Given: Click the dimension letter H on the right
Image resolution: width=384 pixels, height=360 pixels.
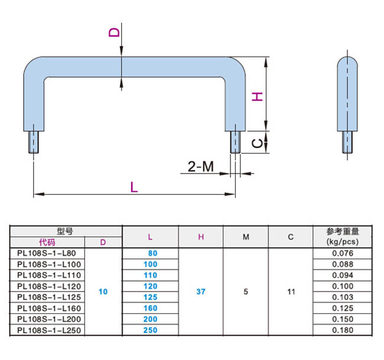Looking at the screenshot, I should (257, 96).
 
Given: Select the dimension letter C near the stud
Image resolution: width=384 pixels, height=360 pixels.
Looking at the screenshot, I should (257, 142).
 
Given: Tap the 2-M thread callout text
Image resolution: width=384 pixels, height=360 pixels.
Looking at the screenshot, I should (201, 167).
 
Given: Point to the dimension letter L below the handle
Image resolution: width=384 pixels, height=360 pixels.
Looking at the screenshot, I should (134, 187).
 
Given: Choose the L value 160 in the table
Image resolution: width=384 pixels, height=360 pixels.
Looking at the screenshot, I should (150, 308).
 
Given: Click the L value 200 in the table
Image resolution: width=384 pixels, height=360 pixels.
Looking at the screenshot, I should (150, 319).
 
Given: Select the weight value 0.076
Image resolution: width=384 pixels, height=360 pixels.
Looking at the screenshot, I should (343, 253).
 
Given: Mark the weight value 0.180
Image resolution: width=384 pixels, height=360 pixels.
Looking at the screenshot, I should (343, 330).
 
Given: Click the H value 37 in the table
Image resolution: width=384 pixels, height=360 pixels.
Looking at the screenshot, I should (201, 292).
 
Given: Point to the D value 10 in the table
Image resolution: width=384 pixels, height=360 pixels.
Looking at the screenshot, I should (103, 292).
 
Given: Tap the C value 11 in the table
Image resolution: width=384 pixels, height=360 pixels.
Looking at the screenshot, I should (291, 292).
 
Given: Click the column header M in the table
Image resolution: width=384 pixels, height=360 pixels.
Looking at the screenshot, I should (246, 237).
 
